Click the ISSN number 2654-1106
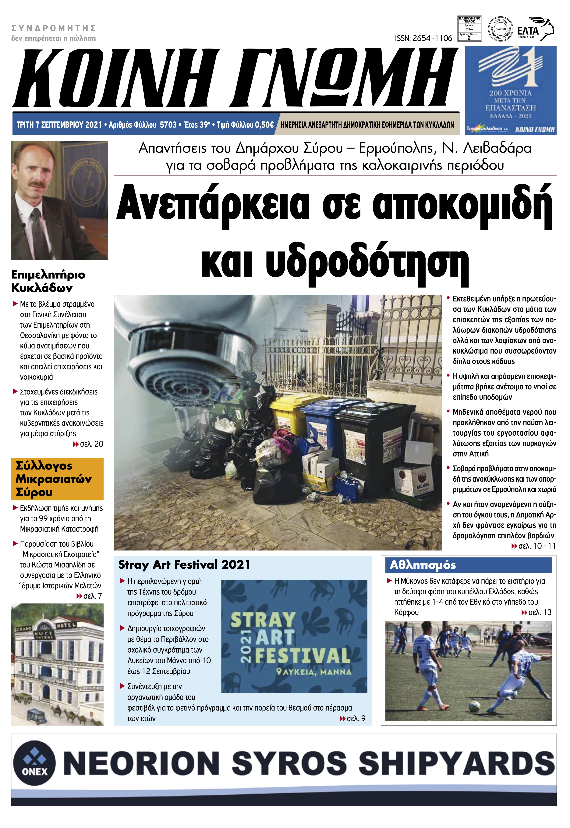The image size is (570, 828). (423, 38)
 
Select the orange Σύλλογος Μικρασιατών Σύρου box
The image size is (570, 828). (57, 479)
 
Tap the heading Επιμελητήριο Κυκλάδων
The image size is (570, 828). (48, 281)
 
